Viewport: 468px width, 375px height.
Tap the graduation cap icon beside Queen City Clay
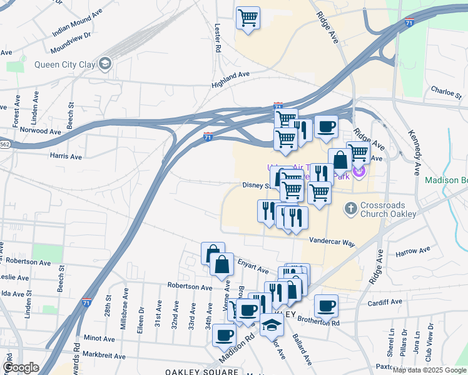point(104,62)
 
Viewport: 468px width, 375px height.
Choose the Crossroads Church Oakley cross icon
point(352,207)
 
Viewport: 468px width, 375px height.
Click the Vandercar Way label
point(332,241)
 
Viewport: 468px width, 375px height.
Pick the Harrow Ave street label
point(414,251)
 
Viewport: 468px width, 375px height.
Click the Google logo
point(21,367)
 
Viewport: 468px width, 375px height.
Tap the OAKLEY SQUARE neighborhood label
point(201,371)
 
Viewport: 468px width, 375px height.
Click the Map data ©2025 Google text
point(429,370)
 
